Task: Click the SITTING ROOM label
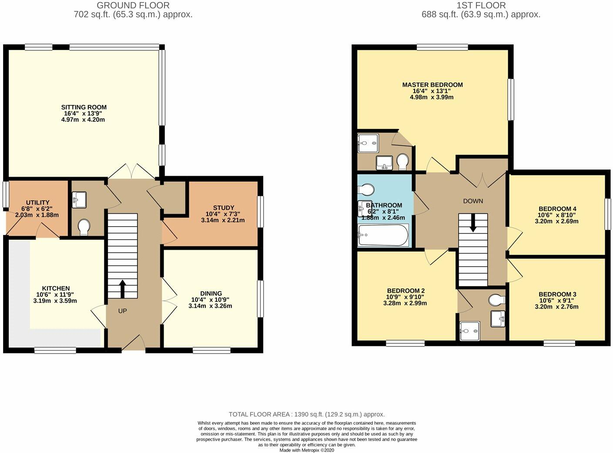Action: tap(84, 107)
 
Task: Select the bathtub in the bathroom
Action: tap(383, 235)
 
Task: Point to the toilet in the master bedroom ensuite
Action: tap(403, 162)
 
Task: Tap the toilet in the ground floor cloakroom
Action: tap(84, 227)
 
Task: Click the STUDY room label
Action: tap(224, 208)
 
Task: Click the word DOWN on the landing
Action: tap(473, 201)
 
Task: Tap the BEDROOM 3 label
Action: tap(557, 294)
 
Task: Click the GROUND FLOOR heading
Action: tap(133, 6)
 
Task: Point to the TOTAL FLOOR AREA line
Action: tap(307, 415)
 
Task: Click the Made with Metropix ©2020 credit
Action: tap(307, 450)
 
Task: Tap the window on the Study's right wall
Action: tap(260, 211)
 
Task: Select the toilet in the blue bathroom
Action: tap(366, 190)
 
